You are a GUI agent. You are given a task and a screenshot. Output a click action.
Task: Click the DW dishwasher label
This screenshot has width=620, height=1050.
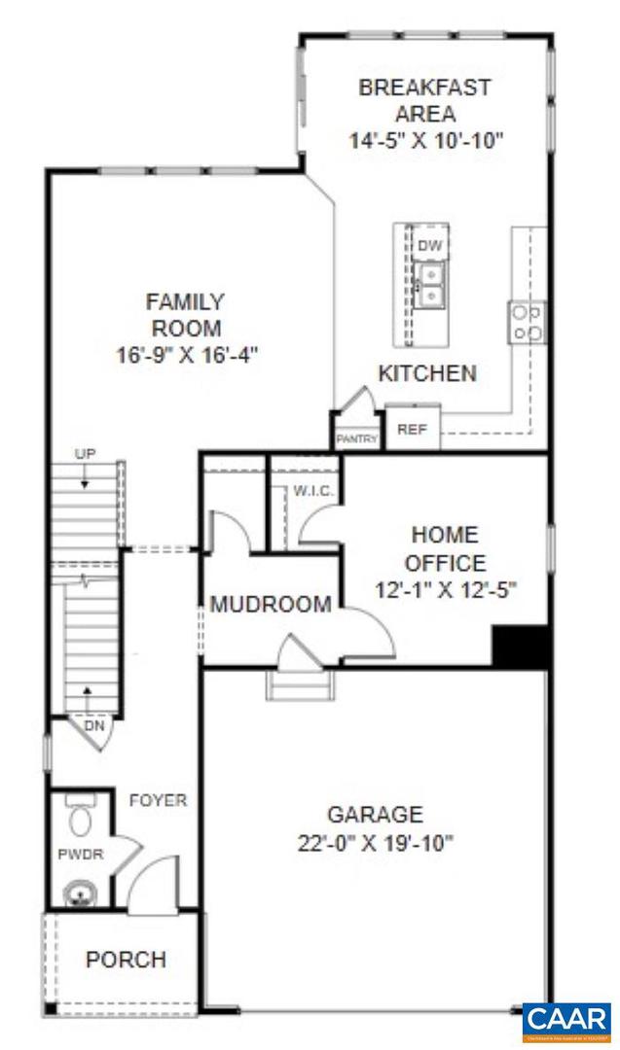(427, 247)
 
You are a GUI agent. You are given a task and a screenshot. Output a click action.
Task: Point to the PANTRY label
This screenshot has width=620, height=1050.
(357, 439)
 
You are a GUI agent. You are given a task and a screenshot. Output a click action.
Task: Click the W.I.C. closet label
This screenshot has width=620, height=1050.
(313, 491)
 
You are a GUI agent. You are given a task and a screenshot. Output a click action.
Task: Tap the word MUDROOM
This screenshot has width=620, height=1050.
(271, 605)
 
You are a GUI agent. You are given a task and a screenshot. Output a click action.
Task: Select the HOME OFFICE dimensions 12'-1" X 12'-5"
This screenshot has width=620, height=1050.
(445, 589)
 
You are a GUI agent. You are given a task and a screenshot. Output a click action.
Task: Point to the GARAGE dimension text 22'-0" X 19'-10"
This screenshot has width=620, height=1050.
(375, 843)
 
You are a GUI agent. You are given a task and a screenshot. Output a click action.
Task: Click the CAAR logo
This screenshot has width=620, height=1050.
(565, 1020)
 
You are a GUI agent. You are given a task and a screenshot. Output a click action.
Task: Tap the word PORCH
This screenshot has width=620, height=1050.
(126, 960)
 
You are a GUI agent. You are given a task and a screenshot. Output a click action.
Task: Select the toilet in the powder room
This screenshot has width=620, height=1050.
(81, 817)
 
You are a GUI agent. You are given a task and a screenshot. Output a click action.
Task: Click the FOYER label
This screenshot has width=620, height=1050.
(158, 800)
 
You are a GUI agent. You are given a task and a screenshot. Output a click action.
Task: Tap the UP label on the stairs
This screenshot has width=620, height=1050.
(84, 454)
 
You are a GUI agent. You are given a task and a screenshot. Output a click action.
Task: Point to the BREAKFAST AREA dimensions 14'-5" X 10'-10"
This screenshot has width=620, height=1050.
(426, 140)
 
